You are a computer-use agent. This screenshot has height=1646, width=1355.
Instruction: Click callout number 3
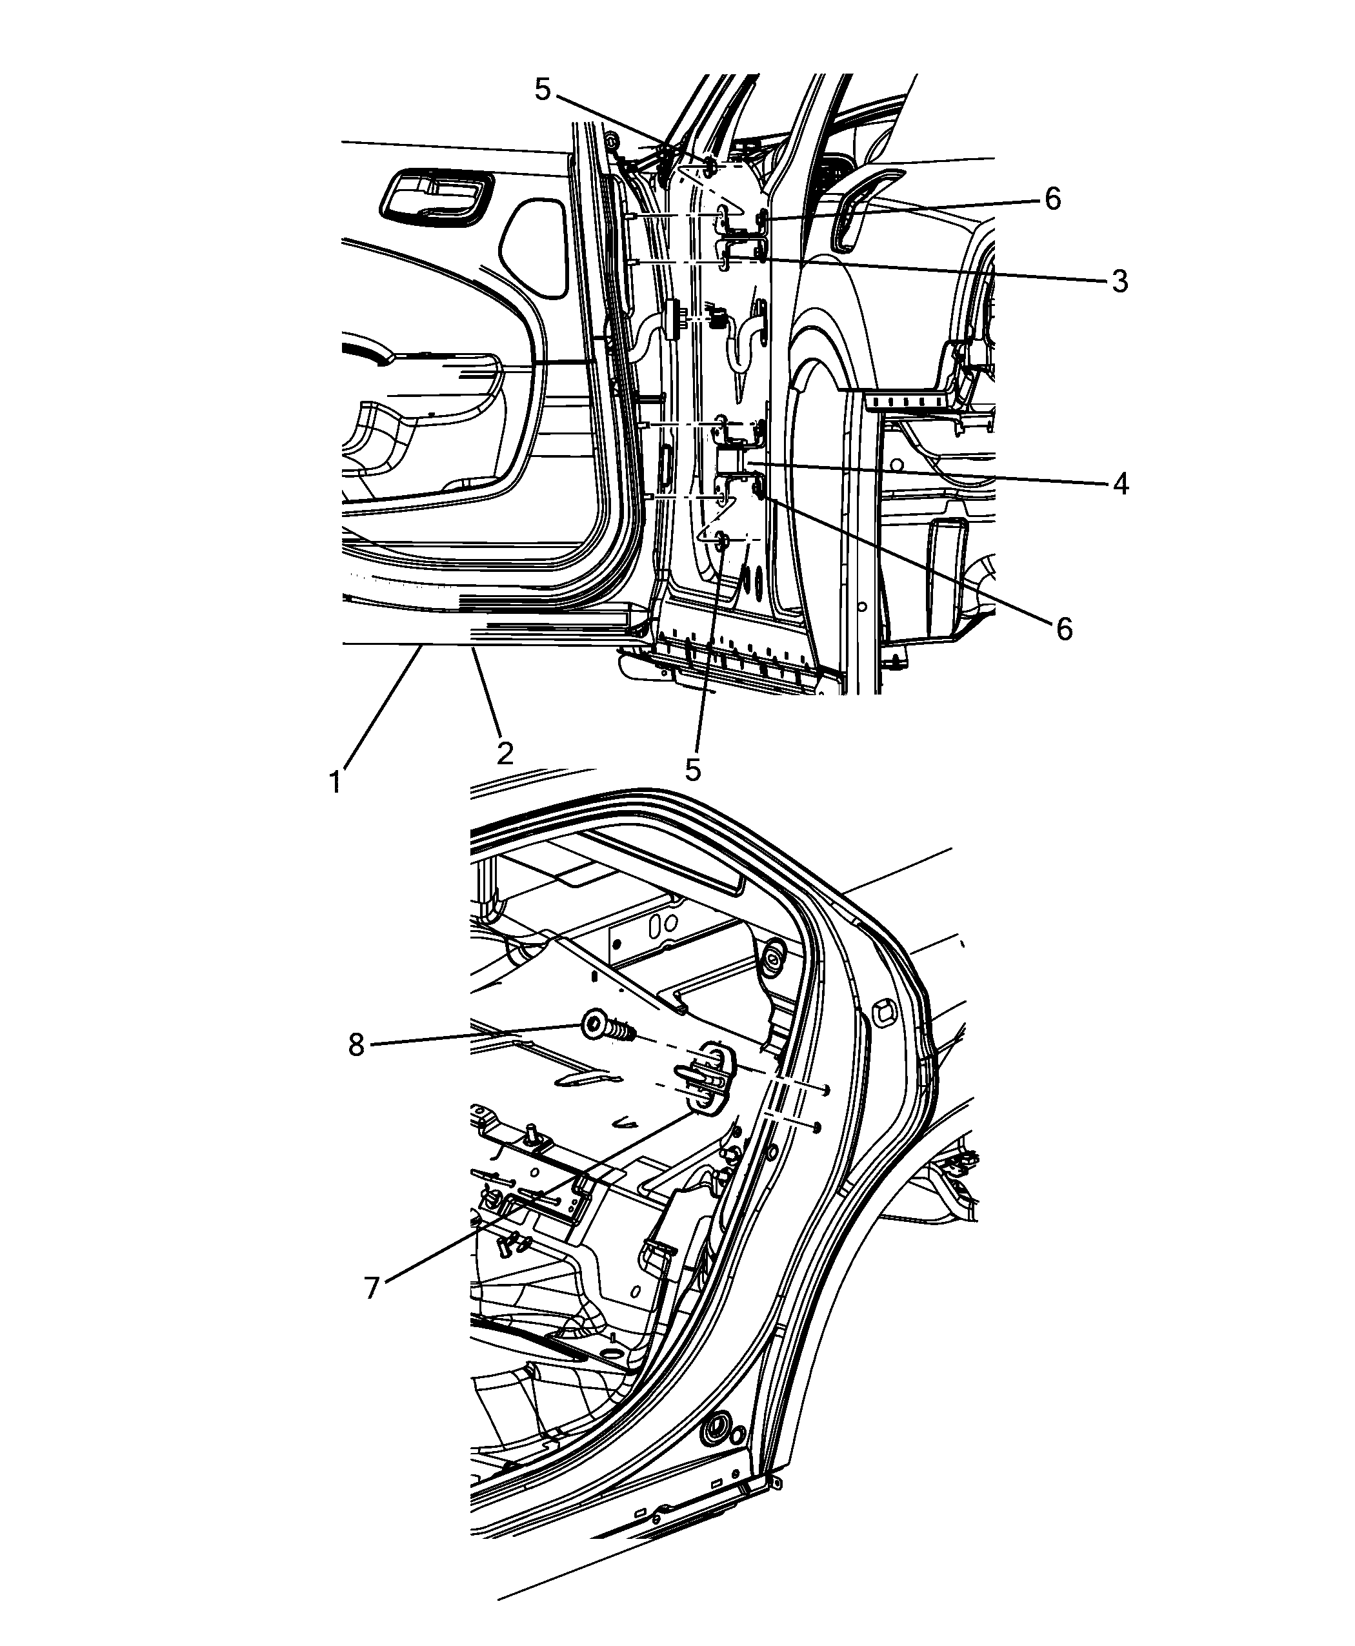pos(1119,281)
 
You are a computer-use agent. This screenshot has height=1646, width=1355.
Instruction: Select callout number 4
pos(1120,484)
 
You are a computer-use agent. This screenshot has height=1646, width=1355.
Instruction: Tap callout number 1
pos(336,782)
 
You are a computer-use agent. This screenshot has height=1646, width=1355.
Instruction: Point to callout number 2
pos(505,753)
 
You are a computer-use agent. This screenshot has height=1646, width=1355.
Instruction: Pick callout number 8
pos(357,1045)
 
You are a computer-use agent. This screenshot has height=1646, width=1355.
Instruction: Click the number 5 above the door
pos(543,90)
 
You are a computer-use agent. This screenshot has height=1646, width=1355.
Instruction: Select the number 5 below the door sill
pos(693,770)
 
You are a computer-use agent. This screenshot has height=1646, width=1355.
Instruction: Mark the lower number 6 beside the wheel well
pos(1065,629)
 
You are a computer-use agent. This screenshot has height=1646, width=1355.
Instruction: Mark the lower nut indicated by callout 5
pos(722,540)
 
